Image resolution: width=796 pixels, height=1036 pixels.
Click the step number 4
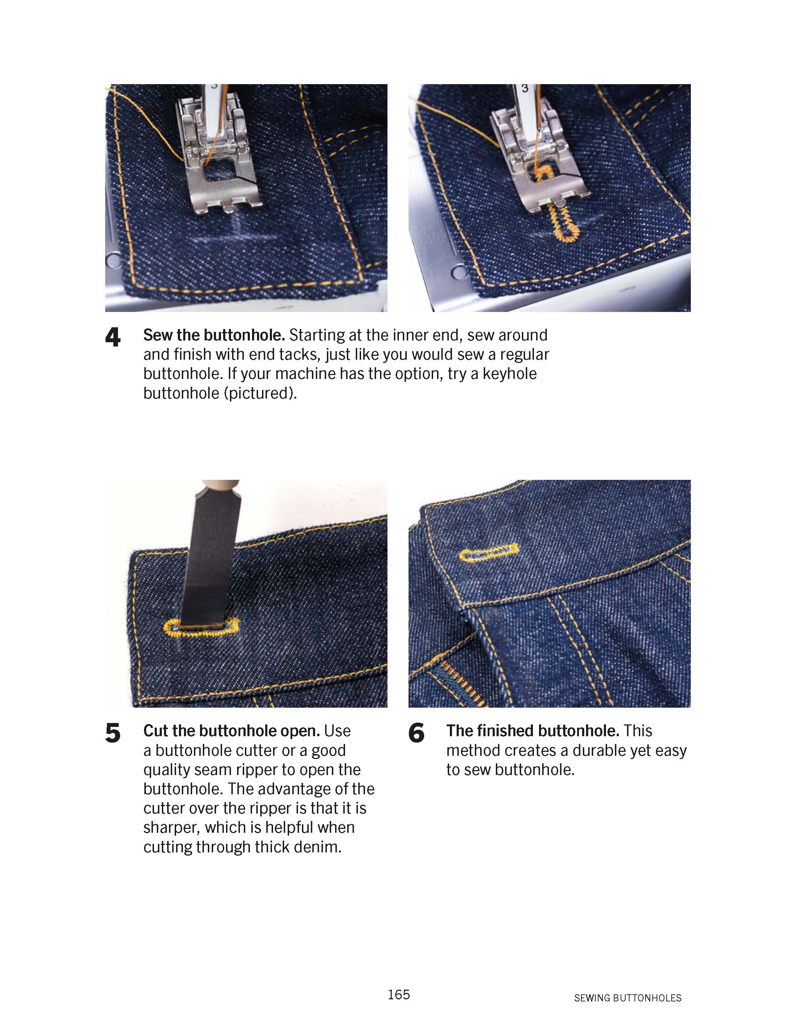(113, 338)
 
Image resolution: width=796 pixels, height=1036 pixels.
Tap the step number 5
(113, 733)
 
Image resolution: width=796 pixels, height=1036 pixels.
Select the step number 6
(416, 733)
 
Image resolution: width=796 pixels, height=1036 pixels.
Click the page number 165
(399, 994)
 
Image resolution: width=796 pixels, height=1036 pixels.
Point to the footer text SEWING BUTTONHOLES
(627, 997)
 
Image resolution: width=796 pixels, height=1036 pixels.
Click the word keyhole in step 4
(509, 374)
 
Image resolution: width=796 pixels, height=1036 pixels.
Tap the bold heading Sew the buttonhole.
(214, 335)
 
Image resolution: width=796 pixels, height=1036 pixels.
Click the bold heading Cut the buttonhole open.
(232, 731)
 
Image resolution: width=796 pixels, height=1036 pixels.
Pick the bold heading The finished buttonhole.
(533, 731)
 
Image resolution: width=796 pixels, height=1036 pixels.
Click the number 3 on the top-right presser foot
(524, 89)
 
